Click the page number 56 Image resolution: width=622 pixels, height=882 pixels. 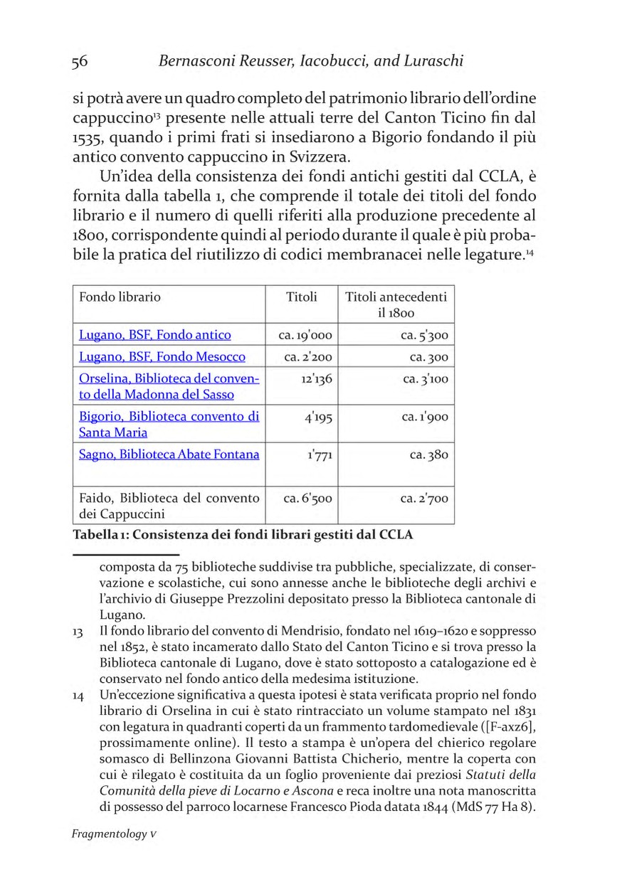pyautogui.click(x=79, y=61)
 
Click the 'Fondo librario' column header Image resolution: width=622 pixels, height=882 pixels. pyautogui.click(x=120, y=297)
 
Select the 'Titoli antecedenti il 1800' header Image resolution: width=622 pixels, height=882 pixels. pyautogui.click(x=396, y=304)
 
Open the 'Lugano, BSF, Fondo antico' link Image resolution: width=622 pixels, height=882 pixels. pyautogui.click(x=154, y=335)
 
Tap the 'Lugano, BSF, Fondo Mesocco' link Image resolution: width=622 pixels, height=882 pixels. pyautogui.click(x=162, y=357)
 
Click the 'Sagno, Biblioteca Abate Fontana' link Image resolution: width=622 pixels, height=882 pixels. pyautogui.click(x=169, y=455)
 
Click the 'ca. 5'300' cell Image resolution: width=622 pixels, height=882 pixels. pyautogui.click(x=424, y=335)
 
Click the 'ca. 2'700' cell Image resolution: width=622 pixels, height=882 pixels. pyautogui.click(x=424, y=499)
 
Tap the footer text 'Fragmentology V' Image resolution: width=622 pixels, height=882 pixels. pyautogui.click(x=113, y=834)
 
